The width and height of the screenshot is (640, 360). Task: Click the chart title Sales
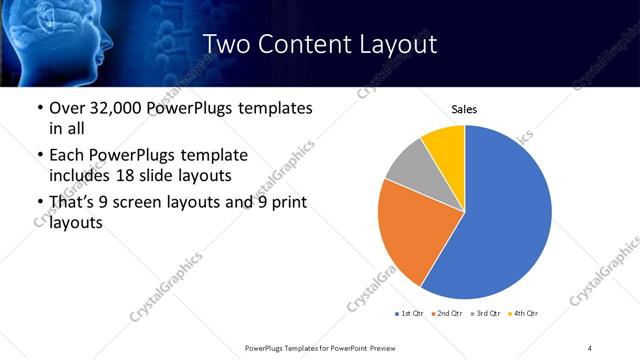click(465, 109)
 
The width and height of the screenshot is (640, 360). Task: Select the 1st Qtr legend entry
click(410, 315)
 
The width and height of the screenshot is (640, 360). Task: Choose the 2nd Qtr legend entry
click(448, 315)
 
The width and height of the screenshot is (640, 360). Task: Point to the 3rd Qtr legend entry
click(486, 315)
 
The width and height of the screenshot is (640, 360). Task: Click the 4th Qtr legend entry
click(524, 315)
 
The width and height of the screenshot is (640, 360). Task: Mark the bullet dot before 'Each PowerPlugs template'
click(39, 156)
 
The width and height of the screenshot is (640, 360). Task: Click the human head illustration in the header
click(50, 35)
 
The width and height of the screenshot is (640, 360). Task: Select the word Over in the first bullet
click(68, 107)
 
